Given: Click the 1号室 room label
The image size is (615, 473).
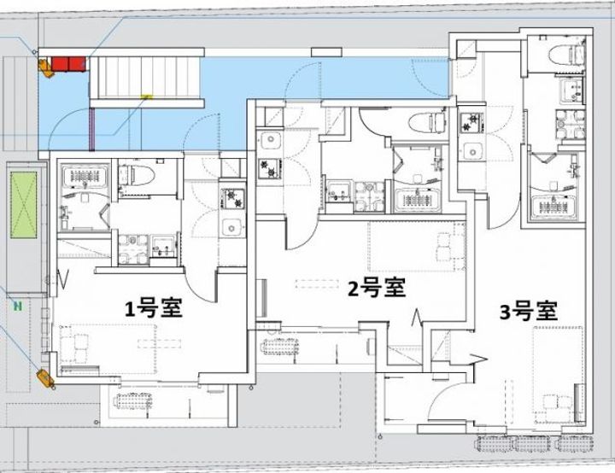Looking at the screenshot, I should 155,309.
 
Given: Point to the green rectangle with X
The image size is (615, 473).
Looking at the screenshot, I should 23,205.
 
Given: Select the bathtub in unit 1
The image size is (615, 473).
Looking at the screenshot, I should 83,178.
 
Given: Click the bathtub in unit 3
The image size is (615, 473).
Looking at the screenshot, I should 555,205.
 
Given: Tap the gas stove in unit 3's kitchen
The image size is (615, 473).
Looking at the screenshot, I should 471,124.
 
